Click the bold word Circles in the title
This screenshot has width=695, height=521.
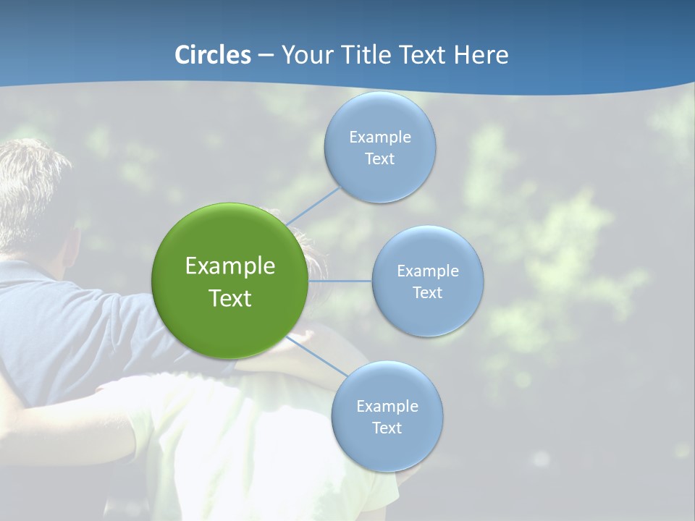[x=212, y=55]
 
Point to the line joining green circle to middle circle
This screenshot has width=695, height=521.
[x=340, y=281]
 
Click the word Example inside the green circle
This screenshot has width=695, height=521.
[x=230, y=266]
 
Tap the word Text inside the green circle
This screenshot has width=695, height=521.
[x=230, y=298]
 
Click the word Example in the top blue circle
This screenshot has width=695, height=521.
[x=379, y=137]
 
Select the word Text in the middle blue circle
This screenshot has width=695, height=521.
[x=427, y=292]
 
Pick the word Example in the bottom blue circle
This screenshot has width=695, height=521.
[x=387, y=406]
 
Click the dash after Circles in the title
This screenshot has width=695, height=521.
[x=265, y=55]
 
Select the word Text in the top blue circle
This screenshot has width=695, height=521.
[x=379, y=159]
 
